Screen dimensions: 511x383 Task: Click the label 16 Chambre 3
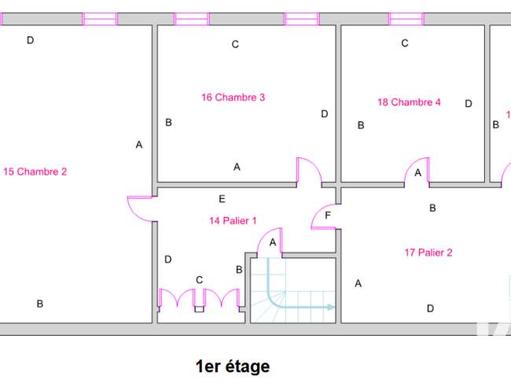(x=233, y=98)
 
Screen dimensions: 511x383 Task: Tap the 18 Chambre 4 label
(x=409, y=102)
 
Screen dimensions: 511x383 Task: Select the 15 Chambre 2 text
(x=35, y=171)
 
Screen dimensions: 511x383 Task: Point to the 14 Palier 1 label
(x=233, y=221)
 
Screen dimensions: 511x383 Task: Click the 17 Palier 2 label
(x=428, y=252)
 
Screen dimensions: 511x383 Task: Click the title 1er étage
(x=233, y=366)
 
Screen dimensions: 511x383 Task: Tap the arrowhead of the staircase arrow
(x=331, y=307)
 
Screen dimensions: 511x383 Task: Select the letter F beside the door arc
(x=328, y=215)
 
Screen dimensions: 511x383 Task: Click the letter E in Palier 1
(x=222, y=199)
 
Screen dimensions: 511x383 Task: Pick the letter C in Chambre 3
(x=235, y=44)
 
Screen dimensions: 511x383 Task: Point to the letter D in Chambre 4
(x=469, y=104)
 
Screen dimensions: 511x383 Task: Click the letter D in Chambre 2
(x=31, y=40)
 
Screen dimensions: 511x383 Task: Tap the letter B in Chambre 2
(x=40, y=304)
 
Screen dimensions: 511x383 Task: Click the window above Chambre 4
(x=406, y=19)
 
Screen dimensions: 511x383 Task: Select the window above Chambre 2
(x=100, y=19)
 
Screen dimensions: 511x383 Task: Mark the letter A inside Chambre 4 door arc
(x=417, y=173)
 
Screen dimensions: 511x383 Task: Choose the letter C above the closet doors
(x=200, y=280)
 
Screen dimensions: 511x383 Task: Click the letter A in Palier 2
(x=358, y=284)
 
